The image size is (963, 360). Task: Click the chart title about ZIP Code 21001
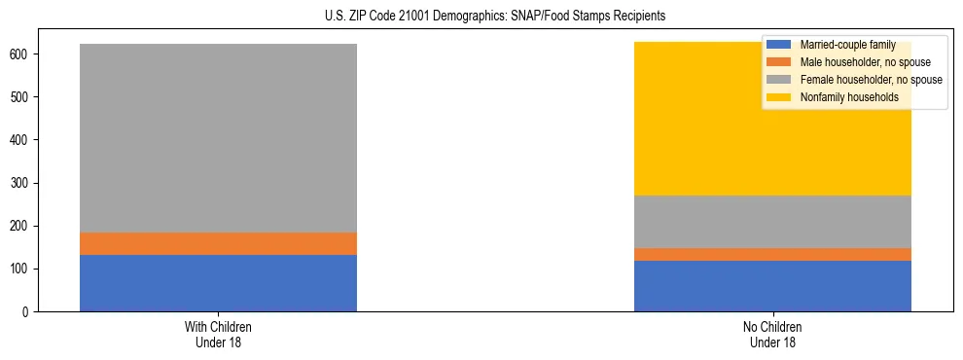point(481,17)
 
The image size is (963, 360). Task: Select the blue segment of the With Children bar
point(218,283)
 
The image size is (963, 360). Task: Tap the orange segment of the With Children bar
point(218,243)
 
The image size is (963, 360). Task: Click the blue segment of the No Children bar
point(772,286)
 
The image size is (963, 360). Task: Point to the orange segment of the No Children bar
point(772,254)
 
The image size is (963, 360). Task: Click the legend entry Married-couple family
point(847,46)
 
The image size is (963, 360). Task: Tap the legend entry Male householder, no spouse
point(862,62)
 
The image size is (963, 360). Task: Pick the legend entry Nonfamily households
point(842,97)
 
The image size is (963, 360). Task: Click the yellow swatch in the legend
point(779,97)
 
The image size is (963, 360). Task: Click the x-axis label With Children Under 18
point(218,335)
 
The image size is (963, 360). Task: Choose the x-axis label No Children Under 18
point(772,335)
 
